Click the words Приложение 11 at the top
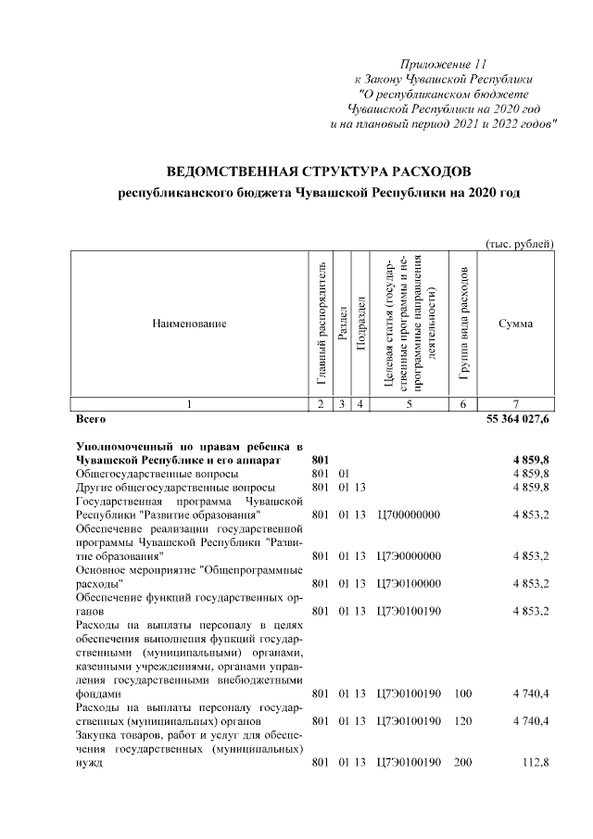click(x=442, y=64)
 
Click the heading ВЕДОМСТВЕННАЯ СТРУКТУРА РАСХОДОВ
click(x=319, y=173)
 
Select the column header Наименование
click(x=189, y=323)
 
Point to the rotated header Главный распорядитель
click(x=321, y=324)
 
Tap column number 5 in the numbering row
click(x=409, y=403)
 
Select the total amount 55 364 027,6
click(x=518, y=420)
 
